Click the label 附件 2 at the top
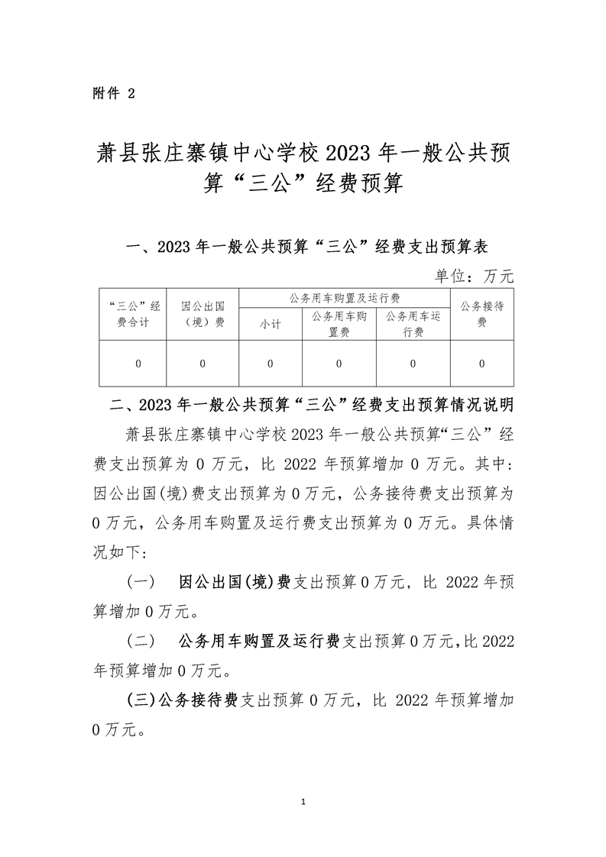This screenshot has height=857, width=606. click(x=112, y=93)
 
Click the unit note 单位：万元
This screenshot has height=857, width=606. click(x=475, y=276)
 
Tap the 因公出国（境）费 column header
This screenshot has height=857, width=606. click(x=203, y=314)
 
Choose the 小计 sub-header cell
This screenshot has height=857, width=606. click(x=270, y=325)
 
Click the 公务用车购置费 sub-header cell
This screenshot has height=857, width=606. click(x=339, y=323)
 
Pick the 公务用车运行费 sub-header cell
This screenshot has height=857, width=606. click(x=413, y=323)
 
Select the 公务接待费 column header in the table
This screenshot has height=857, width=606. click(x=481, y=314)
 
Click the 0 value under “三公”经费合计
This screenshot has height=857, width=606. click(x=138, y=364)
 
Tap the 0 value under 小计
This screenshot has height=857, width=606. click(x=270, y=364)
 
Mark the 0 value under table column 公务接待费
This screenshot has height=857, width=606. click(x=481, y=364)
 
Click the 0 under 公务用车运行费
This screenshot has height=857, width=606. click(x=413, y=364)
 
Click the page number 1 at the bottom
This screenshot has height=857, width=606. click(x=303, y=802)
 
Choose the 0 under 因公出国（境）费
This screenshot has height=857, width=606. click(x=203, y=364)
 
